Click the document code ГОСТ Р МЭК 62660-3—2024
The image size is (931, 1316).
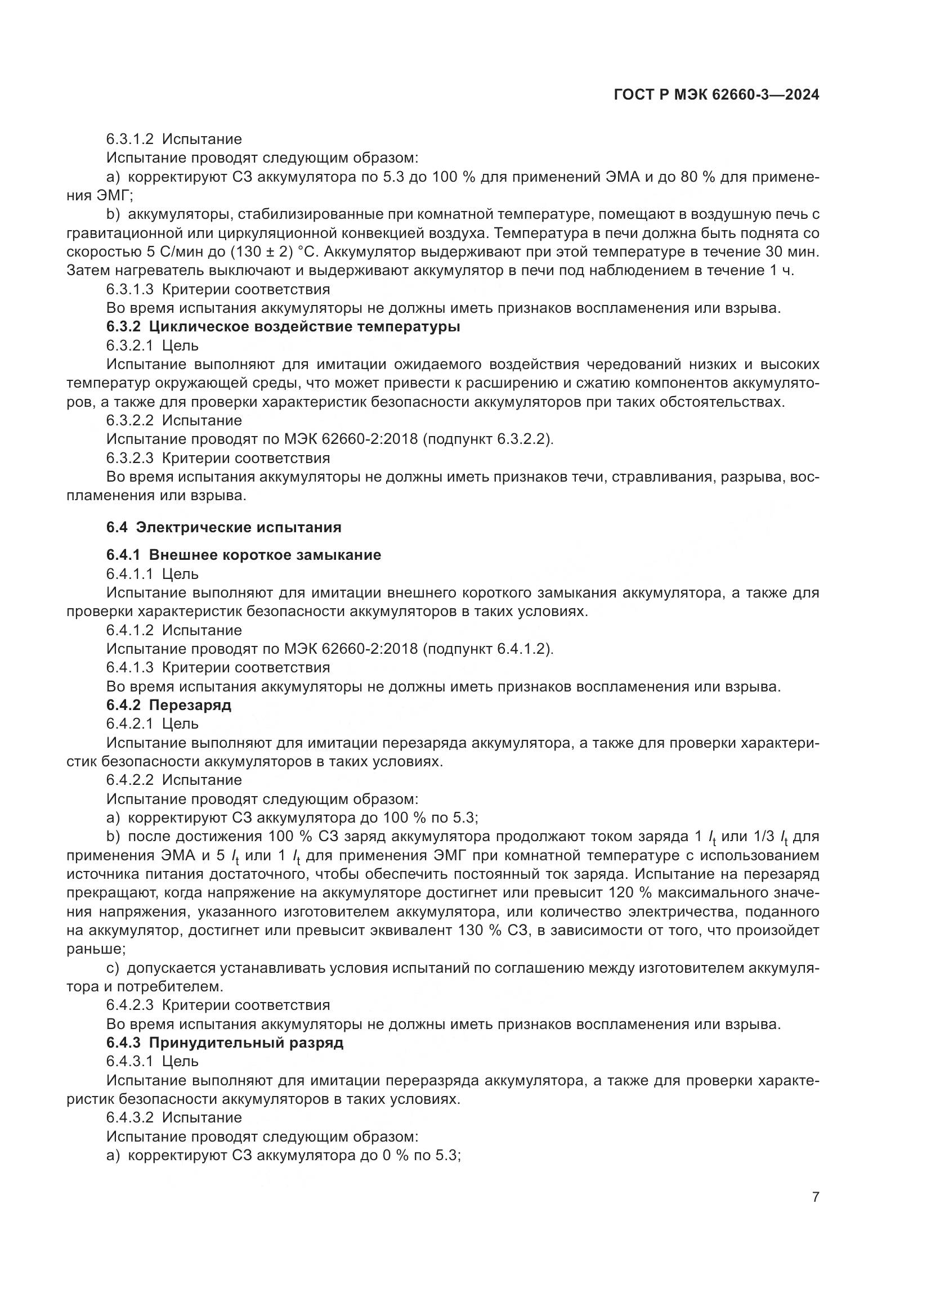click(716, 95)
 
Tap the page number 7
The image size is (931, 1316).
click(815, 1197)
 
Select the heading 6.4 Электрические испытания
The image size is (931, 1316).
click(223, 527)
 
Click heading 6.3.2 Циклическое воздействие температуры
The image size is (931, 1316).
click(283, 327)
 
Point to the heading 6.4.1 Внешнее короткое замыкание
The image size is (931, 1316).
click(244, 555)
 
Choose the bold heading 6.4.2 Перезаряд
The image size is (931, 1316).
click(168, 705)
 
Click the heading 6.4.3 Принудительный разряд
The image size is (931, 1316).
click(225, 1043)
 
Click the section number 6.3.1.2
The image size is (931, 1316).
click(129, 140)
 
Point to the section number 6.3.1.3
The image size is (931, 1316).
click(129, 289)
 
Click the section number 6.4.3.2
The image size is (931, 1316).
click(129, 1118)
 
